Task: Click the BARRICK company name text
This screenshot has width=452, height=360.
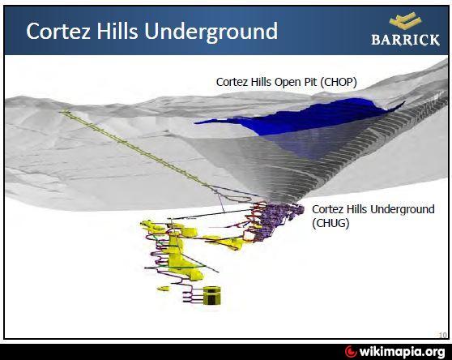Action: [x=405, y=40]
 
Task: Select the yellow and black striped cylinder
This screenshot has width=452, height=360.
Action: [x=211, y=294]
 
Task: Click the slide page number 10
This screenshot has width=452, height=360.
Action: [x=442, y=332]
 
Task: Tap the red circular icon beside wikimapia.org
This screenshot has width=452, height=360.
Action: [x=350, y=351]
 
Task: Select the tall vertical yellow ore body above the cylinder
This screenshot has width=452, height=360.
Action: [x=174, y=260]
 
